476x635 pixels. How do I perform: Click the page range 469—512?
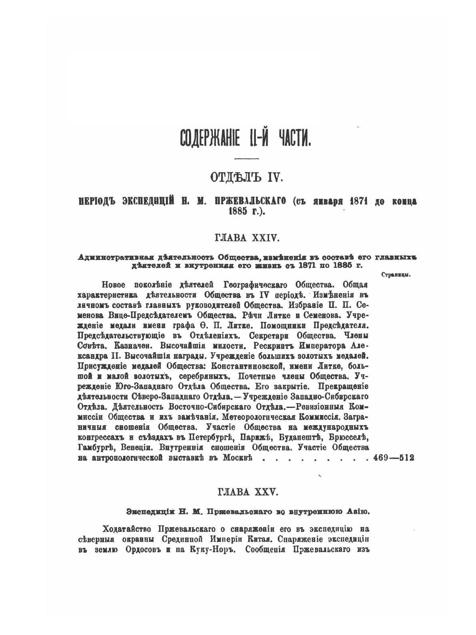(x=394, y=458)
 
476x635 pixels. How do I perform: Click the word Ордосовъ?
(x=140, y=549)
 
